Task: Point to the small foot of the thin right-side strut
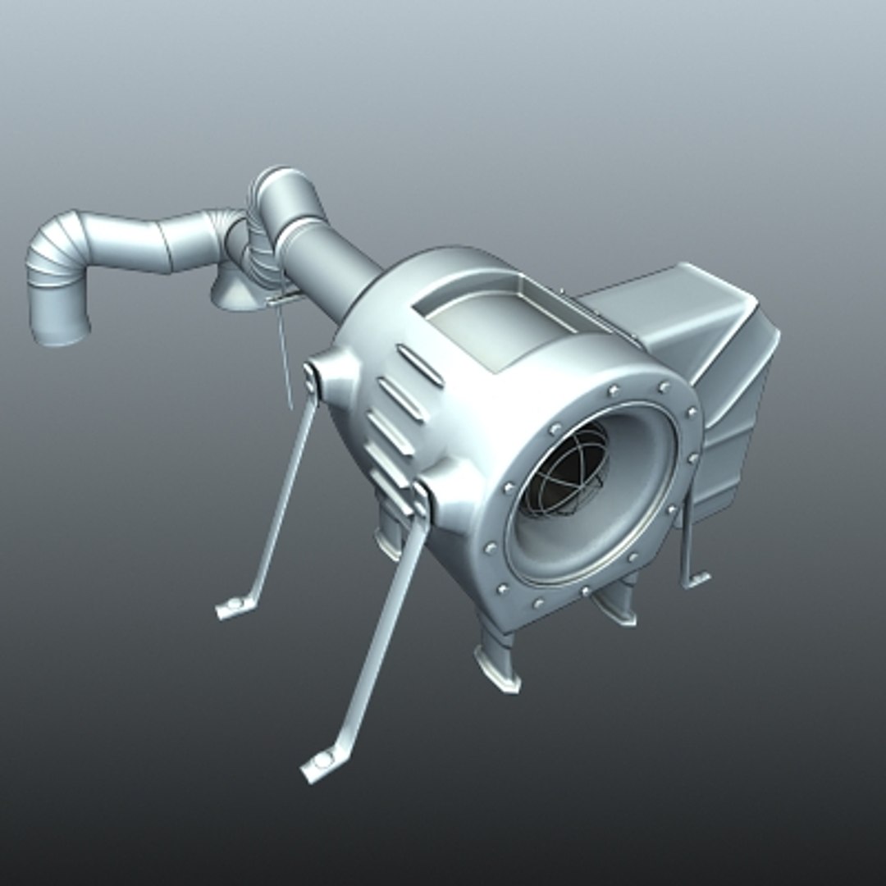pos(696,579)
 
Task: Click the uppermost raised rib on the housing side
pos(421,365)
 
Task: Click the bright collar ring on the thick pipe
pos(299,231)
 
